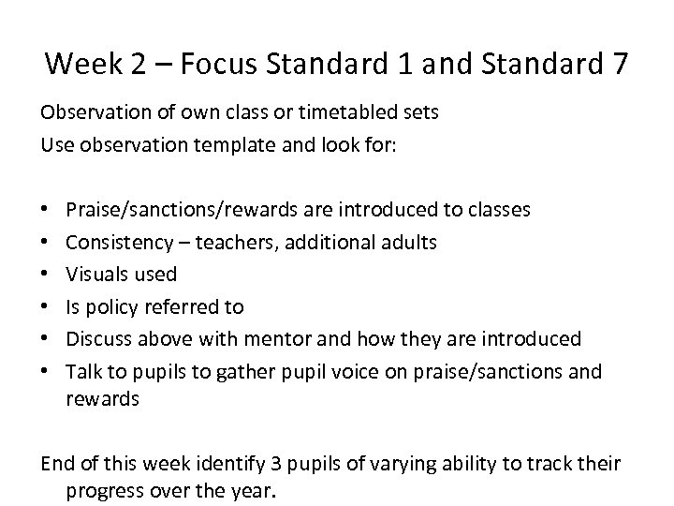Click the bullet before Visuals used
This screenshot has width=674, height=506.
coord(46,275)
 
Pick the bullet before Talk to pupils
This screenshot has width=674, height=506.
coord(46,371)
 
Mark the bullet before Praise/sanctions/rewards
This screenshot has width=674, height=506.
coord(46,211)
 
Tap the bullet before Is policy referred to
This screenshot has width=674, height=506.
coord(46,307)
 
